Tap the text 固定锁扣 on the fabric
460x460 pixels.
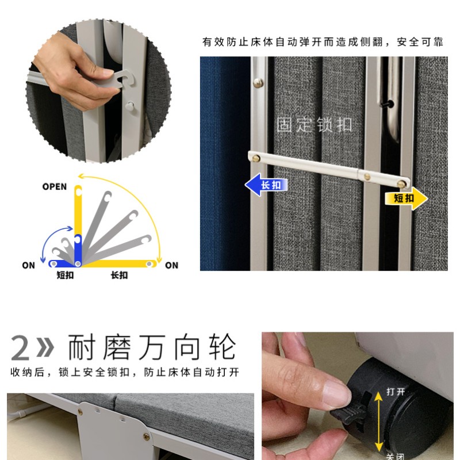click(315, 125)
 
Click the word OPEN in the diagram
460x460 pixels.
click(55, 187)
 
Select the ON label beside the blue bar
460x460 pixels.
click(29, 266)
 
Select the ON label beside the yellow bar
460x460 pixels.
click(171, 266)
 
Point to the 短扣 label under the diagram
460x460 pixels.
click(65, 275)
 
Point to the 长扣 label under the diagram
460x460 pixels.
click(119, 275)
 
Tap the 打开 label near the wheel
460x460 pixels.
click(396, 392)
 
